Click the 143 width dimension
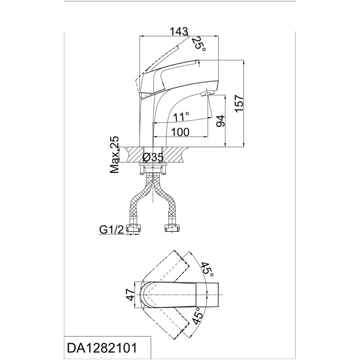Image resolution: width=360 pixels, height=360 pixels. (x=179, y=31)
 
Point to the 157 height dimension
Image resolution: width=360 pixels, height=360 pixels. (x=239, y=103)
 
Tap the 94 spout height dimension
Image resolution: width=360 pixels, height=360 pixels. (x=220, y=121)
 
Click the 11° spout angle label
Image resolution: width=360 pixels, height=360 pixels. (x=181, y=117)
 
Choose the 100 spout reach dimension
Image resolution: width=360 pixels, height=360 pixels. (x=180, y=132)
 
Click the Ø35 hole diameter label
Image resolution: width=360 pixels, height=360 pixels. (x=153, y=157)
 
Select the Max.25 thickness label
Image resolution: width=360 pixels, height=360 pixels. (x=115, y=155)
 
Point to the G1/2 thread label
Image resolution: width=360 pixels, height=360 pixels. (x=112, y=229)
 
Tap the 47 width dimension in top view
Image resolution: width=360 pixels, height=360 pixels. (x=130, y=295)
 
